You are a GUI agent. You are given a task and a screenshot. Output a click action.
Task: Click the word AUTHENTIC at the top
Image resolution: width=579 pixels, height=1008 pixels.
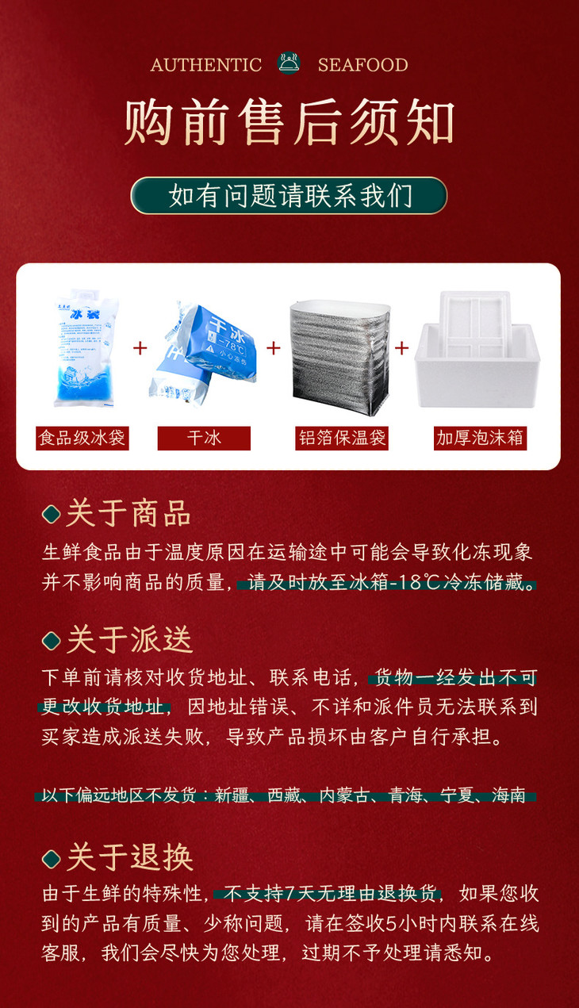206,65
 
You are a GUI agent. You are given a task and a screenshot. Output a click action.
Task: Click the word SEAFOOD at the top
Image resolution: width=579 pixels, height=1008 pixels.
362,65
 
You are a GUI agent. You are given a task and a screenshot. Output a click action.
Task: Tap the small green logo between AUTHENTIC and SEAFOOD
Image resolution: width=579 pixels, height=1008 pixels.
289,63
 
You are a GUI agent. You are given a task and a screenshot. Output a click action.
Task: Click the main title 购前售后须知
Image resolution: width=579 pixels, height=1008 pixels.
289,123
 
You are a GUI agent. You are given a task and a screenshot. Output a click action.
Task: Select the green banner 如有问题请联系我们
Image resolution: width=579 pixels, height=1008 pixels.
289,196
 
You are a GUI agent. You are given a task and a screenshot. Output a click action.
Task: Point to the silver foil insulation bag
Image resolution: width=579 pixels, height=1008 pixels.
342,357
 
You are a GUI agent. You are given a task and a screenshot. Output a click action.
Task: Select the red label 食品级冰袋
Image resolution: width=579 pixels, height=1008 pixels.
82,438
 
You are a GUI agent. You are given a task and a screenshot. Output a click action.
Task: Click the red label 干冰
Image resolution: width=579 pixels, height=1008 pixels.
204,438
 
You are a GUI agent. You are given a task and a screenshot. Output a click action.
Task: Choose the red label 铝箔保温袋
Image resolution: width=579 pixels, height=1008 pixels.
342,438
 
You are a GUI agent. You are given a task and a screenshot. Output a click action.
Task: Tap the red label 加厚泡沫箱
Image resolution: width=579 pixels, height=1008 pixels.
481,438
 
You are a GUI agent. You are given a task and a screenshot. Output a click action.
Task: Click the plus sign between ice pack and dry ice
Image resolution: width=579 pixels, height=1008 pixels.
140,347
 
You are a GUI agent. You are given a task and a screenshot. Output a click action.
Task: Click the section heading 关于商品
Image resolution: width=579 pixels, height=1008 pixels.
128,514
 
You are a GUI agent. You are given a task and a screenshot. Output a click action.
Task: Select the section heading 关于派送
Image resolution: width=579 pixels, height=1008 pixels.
129,639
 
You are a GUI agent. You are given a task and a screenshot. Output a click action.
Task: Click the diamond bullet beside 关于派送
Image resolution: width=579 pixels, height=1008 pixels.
52,640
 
